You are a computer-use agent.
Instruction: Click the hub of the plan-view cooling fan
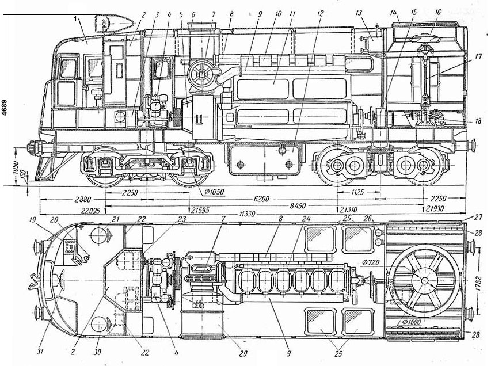click(x=424, y=280)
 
